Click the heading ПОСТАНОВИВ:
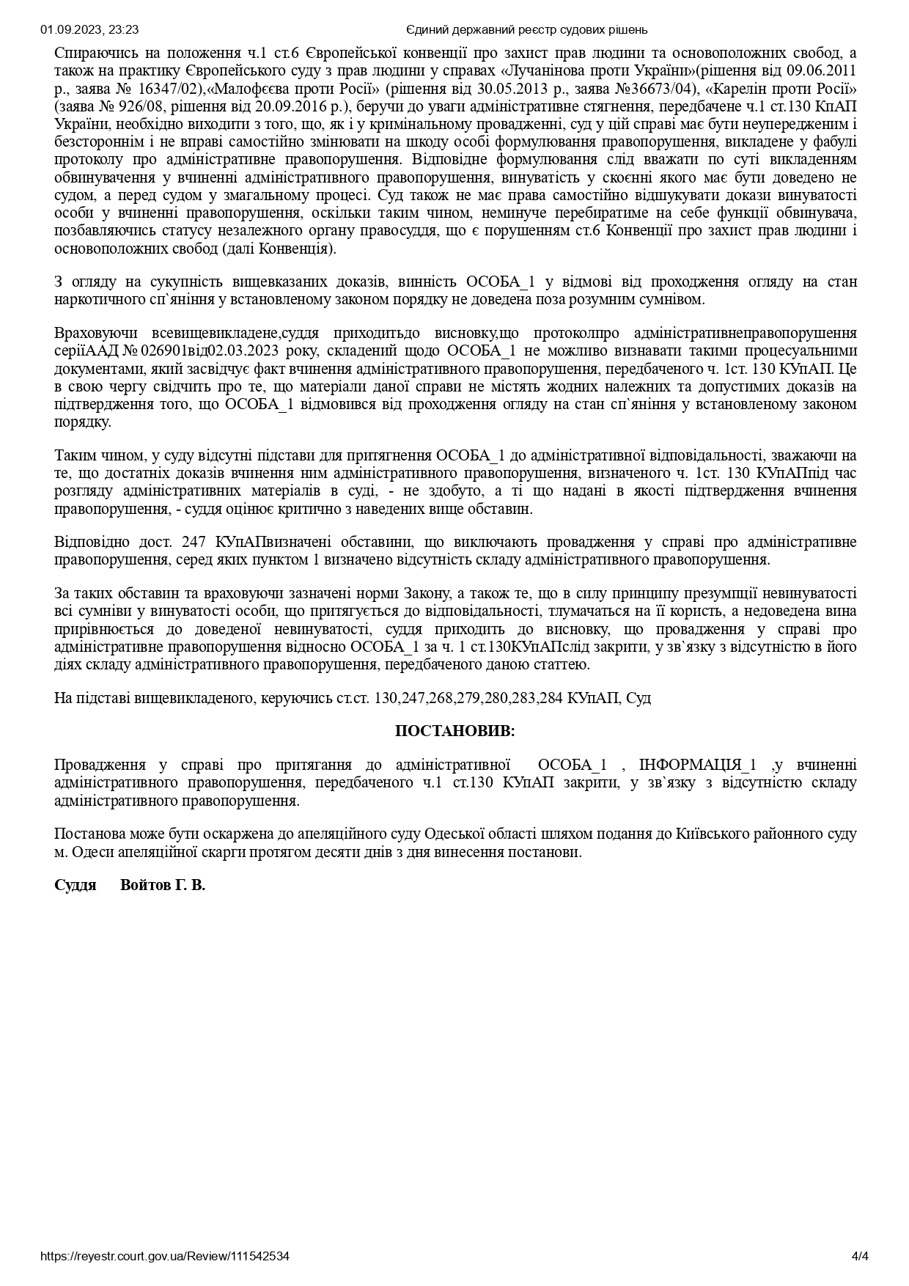point(454,731)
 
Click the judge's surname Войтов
point(144,885)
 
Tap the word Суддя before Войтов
point(76,885)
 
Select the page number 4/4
point(860,1256)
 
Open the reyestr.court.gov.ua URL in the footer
point(165,1256)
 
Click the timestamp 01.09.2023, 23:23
point(90,30)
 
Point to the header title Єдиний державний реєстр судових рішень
point(526,30)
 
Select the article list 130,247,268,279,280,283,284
point(468,698)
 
